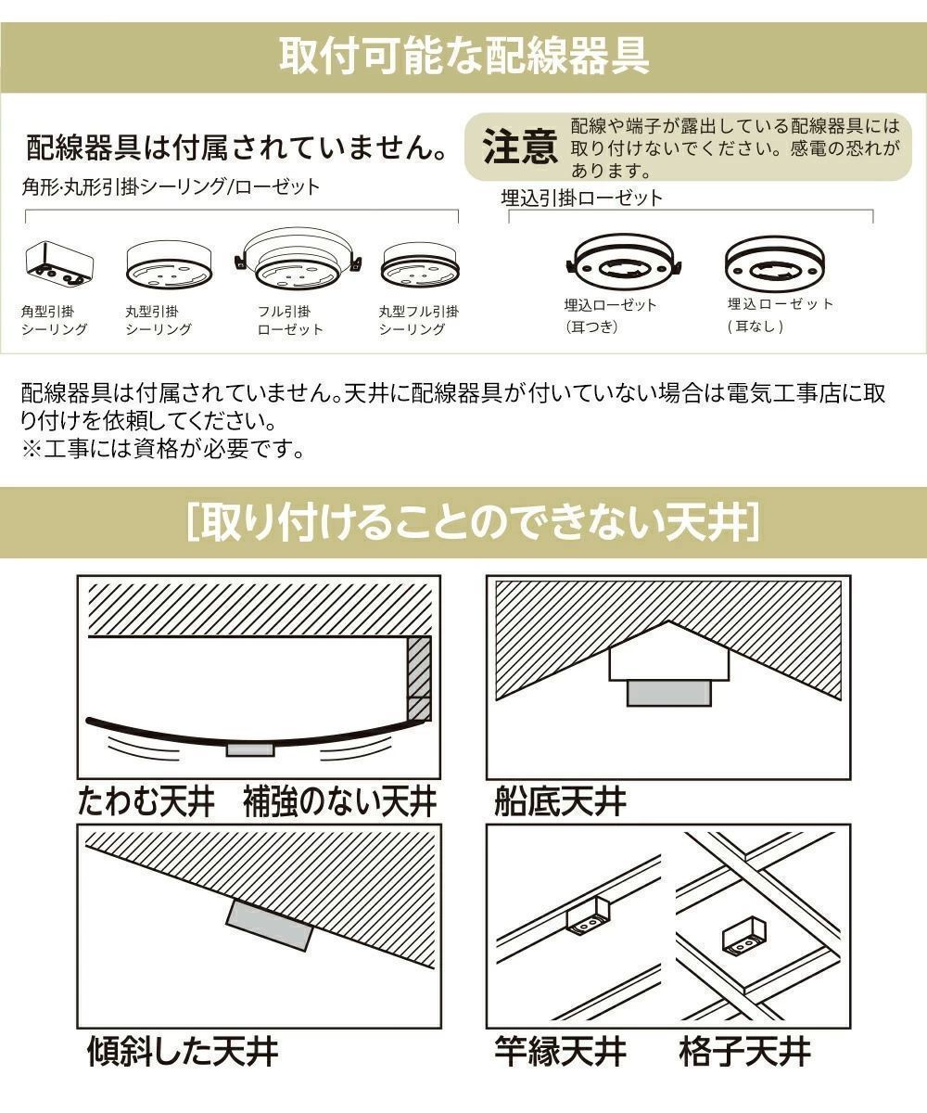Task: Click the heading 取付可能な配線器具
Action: tap(463, 57)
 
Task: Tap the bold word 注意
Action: tap(520, 147)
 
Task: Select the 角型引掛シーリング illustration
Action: tap(57, 266)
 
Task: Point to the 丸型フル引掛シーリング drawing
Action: tap(419, 267)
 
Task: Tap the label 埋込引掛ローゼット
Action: tap(581, 198)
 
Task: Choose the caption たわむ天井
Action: tap(146, 801)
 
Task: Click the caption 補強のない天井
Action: tap(339, 801)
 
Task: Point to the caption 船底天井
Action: tap(561, 801)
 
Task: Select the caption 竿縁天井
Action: tap(560, 1051)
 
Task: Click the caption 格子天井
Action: tap(744, 1051)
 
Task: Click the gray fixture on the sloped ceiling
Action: tap(269, 925)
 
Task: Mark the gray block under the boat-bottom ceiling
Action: tap(668, 692)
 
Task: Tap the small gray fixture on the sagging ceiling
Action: tap(250, 749)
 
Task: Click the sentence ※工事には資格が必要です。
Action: tap(163, 450)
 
